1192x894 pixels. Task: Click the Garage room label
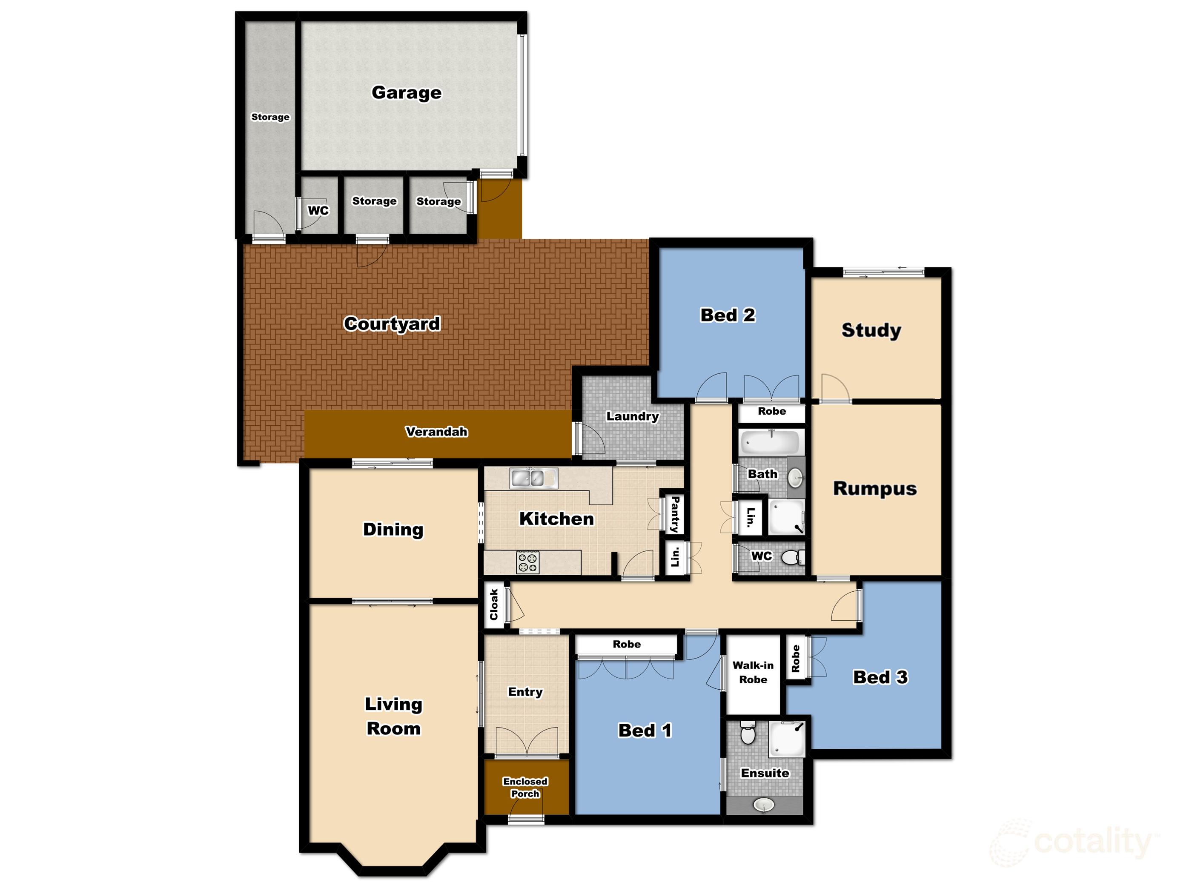coord(406,93)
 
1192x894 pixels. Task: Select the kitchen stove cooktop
coord(527,562)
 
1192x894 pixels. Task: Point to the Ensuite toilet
coord(748,733)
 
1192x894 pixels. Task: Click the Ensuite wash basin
coord(764,805)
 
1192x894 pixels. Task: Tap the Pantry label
coord(675,515)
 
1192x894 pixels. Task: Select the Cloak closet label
coord(493,605)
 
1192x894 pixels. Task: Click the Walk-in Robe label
coord(753,673)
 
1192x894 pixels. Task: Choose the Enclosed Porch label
coord(525,787)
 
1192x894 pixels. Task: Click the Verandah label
coord(436,432)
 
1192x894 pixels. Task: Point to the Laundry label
coord(632,416)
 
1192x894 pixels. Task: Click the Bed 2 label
coord(728,315)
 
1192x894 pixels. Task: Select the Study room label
coord(871,330)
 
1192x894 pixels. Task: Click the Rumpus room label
coord(874,488)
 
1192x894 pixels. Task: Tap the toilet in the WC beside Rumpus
coord(791,557)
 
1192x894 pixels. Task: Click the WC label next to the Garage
coord(318,210)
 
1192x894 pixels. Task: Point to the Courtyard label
coord(392,324)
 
